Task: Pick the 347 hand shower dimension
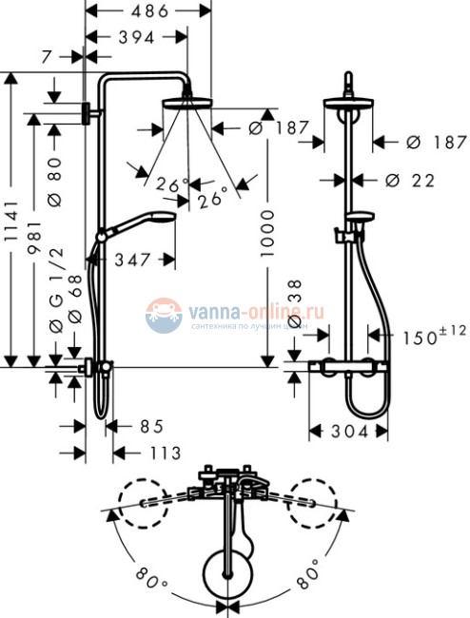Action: (134, 259)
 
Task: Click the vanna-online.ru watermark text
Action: (257, 309)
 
